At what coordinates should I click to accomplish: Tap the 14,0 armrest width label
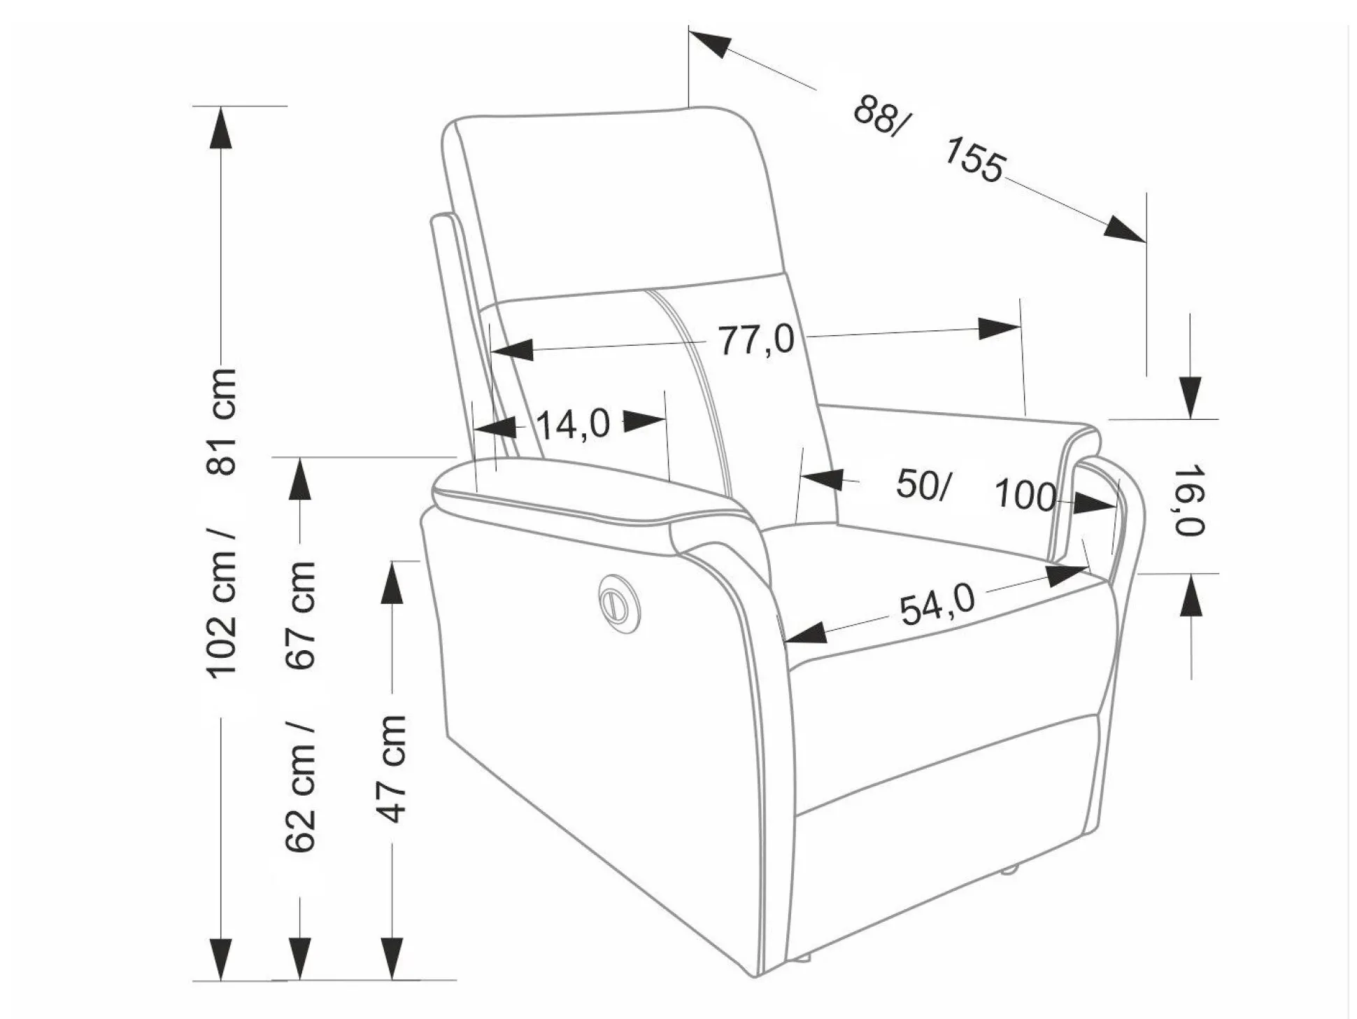point(573,424)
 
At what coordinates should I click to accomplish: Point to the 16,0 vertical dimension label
point(1190,499)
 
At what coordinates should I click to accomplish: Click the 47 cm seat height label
point(391,768)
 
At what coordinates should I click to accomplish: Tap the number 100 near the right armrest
point(1025,496)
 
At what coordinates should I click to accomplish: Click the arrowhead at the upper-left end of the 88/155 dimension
point(710,43)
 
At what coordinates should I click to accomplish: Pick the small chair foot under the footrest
point(1007,871)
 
